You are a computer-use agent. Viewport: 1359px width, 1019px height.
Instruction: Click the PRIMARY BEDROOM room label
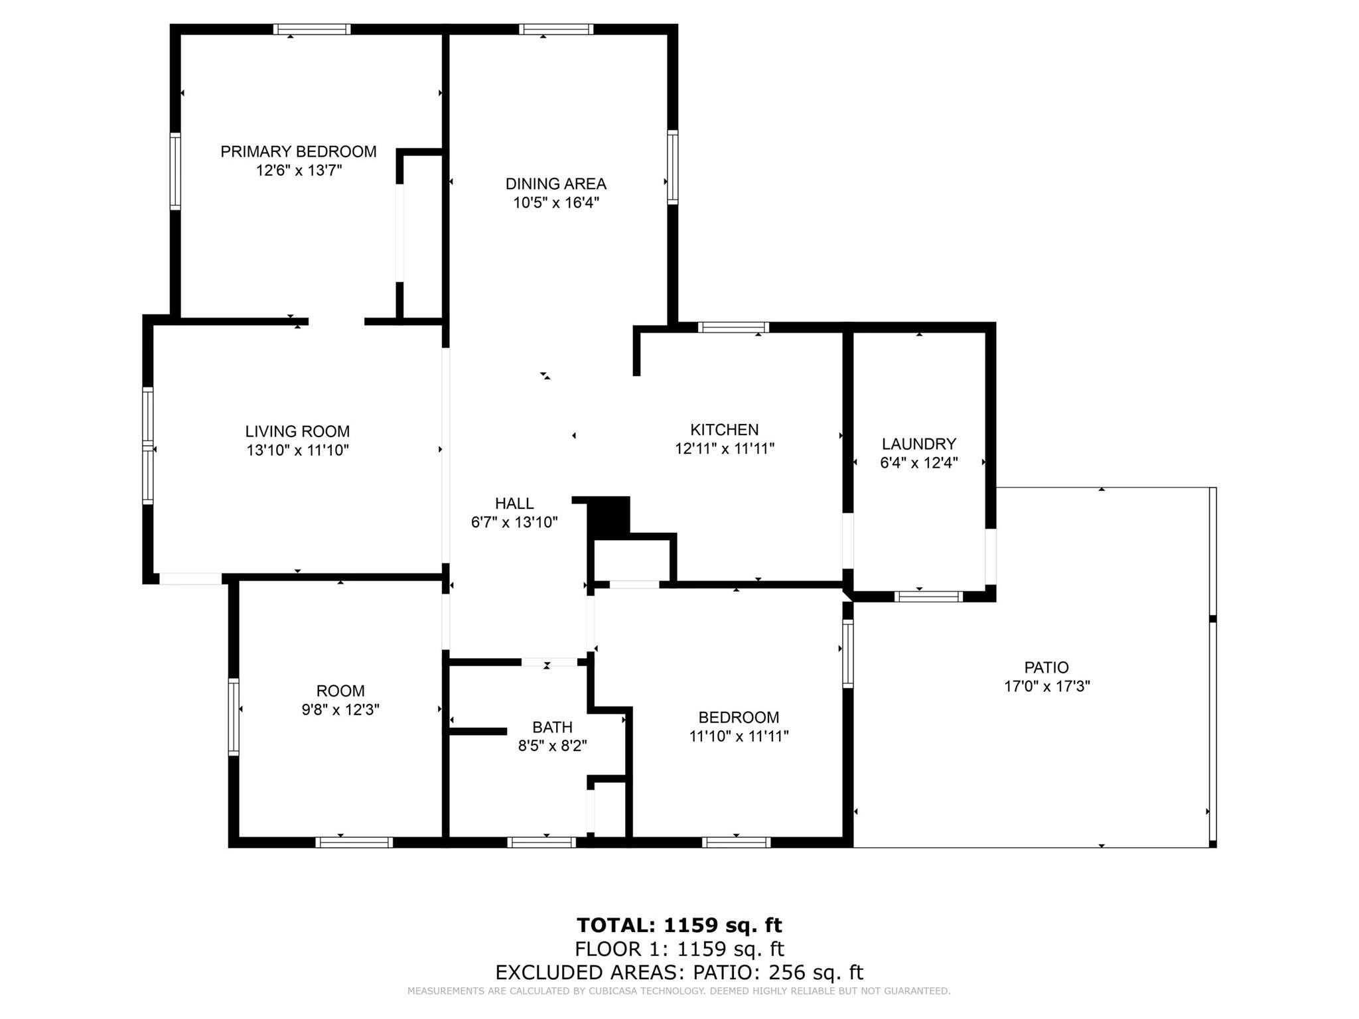[299, 152]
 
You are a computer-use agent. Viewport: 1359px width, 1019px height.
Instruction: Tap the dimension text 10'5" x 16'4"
[556, 203]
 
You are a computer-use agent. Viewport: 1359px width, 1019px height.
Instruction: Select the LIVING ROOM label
[297, 432]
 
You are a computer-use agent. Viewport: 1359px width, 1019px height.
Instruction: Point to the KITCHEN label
[725, 430]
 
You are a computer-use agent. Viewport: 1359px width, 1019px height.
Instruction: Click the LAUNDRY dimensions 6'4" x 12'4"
[919, 463]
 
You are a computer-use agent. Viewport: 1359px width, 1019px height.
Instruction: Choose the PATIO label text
[1046, 667]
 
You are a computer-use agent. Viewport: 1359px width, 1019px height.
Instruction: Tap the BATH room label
[552, 727]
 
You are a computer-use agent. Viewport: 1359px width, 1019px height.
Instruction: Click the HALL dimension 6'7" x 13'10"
[514, 523]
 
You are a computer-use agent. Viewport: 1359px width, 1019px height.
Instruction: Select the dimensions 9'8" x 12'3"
[340, 710]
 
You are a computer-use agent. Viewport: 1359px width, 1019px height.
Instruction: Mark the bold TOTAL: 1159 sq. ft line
[679, 925]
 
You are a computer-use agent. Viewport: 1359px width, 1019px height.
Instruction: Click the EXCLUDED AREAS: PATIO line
[679, 973]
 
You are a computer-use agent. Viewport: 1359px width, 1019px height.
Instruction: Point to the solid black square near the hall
[609, 517]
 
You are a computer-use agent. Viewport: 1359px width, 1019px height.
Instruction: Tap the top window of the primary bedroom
[312, 29]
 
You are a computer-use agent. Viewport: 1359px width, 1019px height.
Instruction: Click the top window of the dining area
[556, 29]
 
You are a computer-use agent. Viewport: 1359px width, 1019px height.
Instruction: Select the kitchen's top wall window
[733, 327]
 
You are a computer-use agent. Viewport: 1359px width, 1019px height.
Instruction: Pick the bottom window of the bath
[541, 843]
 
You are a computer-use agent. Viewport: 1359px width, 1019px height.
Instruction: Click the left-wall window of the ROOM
[234, 716]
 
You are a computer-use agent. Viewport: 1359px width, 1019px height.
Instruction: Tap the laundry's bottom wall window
[928, 596]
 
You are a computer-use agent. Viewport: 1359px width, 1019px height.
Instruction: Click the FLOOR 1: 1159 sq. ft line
[679, 949]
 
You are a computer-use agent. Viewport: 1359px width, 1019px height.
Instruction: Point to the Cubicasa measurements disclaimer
[679, 991]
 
